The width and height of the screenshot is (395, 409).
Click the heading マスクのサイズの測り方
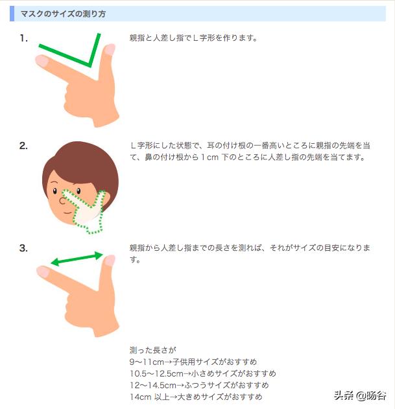click(63, 14)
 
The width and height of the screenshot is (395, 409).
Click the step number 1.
click(23, 38)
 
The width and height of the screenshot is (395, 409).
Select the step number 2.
click(23, 145)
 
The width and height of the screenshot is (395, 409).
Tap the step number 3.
click(23, 248)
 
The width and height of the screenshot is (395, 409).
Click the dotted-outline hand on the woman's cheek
click(90, 209)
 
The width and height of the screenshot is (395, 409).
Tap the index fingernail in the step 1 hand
click(42, 61)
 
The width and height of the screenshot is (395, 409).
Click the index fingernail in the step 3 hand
click(43, 272)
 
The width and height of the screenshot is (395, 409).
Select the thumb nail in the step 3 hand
click(109, 261)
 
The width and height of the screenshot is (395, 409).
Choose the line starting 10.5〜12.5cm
click(202, 373)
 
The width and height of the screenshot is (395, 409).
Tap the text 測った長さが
click(153, 350)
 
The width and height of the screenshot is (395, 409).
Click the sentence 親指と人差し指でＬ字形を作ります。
click(193, 38)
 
